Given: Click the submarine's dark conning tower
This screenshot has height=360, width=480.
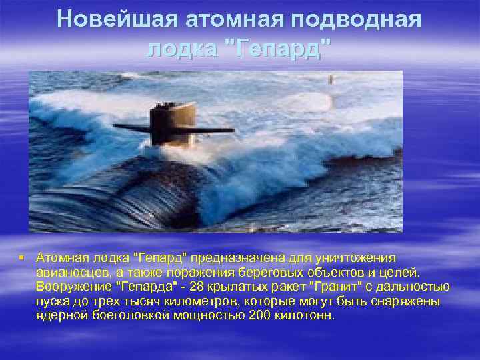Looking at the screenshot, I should coord(171,126).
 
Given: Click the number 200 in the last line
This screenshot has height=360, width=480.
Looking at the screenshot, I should coord(260,315).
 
